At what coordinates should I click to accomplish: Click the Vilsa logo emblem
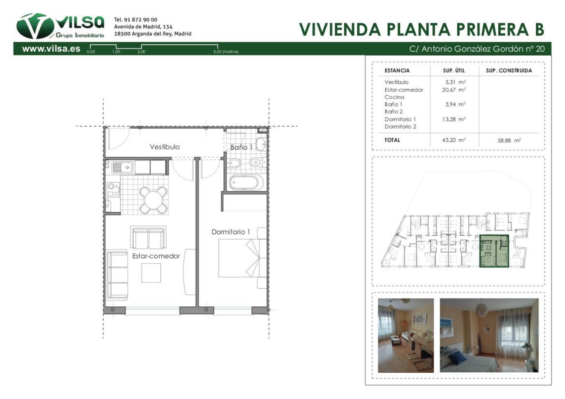click(35, 26)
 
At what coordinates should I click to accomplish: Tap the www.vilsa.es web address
click(51, 49)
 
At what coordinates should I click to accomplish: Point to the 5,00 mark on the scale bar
click(218, 52)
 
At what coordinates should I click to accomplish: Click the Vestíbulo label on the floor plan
click(165, 147)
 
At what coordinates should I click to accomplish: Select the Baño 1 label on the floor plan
click(241, 147)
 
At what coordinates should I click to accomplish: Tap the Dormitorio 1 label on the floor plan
click(231, 232)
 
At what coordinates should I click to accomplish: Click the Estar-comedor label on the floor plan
click(156, 256)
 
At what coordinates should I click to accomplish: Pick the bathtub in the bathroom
click(246, 183)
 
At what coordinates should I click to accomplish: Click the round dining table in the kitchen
click(153, 200)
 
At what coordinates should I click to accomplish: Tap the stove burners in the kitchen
click(113, 190)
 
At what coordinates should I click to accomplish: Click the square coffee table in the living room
click(151, 273)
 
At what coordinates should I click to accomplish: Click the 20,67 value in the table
click(449, 90)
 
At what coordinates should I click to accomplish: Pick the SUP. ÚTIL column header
click(454, 70)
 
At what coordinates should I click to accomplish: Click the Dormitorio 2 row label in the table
click(400, 126)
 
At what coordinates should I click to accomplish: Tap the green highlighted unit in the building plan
click(494, 251)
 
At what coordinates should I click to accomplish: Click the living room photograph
click(406, 335)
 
